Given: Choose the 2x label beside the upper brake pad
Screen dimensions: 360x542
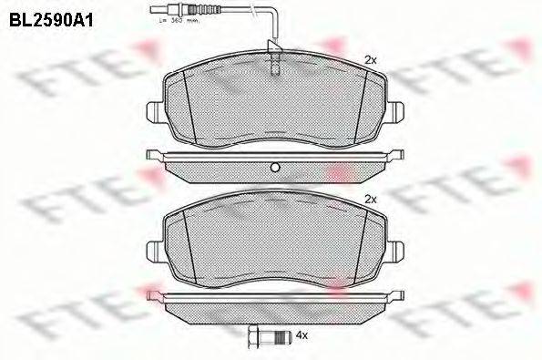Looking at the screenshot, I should tap(371, 59).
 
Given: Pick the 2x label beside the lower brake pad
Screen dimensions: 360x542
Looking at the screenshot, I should tap(371, 198).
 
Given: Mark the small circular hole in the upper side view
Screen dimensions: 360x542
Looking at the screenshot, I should tap(273, 166).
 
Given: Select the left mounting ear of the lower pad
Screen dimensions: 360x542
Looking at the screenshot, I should tap(155, 248).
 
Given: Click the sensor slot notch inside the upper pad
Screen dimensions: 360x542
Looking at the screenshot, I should tap(274, 64).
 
